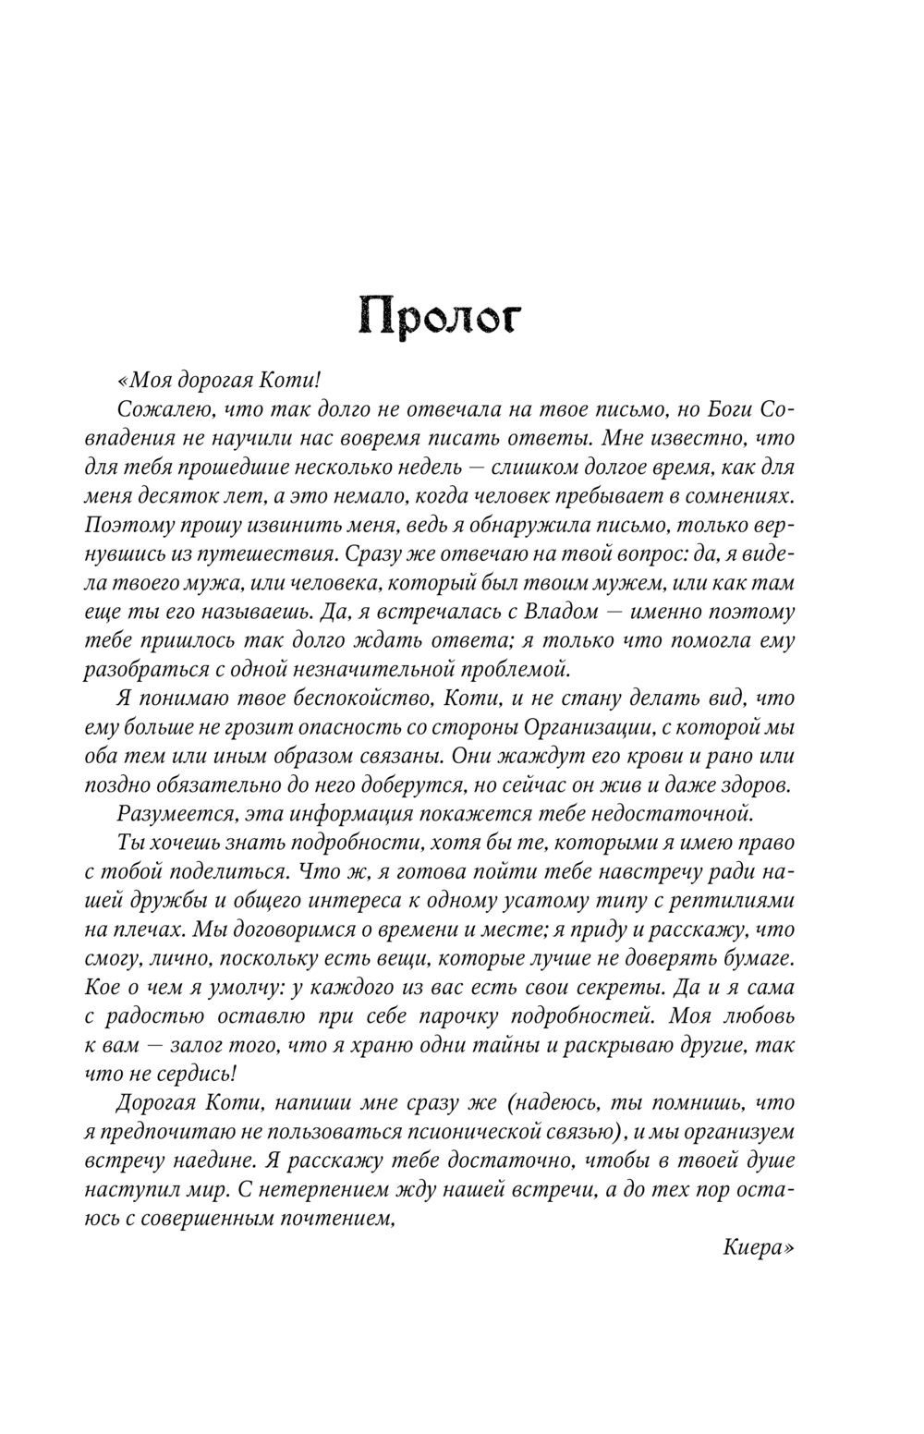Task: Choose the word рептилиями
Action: coord(734,900)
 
